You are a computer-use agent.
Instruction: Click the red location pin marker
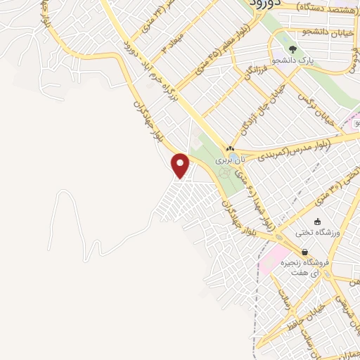tap(181, 166)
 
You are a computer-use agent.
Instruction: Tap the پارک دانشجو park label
tap(316, 62)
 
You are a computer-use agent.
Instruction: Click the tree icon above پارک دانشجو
tap(292, 50)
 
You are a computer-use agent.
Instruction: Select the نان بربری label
tap(218, 160)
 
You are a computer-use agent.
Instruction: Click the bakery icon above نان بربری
tap(229, 148)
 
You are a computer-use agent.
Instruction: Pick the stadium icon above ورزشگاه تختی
tap(318, 221)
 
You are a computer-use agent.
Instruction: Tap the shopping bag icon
tap(304, 252)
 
